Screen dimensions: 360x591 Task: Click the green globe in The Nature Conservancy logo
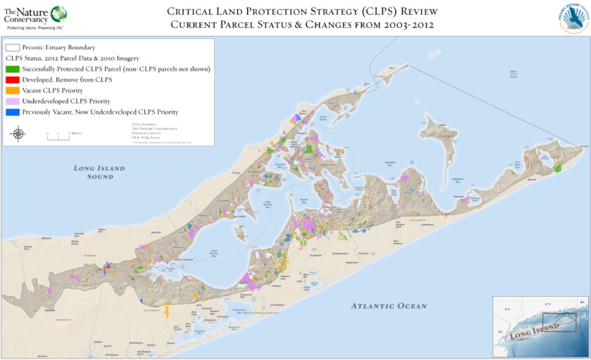coord(58,13)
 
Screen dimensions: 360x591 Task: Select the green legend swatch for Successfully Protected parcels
coord(12,69)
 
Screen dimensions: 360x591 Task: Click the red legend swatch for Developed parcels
coord(12,80)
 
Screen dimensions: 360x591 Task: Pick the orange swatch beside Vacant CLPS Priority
coord(12,91)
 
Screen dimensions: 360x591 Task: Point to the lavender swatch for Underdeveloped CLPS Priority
coord(12,101)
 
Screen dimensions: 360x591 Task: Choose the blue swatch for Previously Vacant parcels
coord(12,112)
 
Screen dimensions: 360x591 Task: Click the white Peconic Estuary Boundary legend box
coord(12,47)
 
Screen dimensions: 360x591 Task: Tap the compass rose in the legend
coord(18,133)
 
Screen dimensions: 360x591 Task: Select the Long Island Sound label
coord(99,172)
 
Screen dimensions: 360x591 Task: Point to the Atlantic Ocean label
coord(389,306)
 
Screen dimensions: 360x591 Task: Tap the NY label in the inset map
coord(505,309)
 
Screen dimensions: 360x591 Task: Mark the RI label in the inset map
coord(581,302)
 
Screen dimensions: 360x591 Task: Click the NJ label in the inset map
coord(501,332)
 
